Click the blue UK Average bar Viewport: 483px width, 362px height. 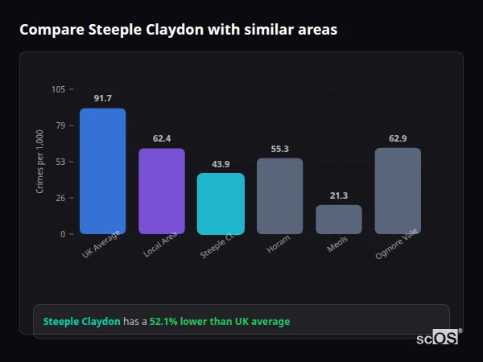click(102, 171)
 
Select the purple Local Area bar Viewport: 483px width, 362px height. click(161, 191)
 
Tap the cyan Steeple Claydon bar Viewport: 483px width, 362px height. click(221, 204)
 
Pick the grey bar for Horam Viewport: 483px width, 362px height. click(279, 196)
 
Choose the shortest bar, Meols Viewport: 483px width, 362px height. click(338, 220)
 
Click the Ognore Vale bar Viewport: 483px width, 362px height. click(398, 191)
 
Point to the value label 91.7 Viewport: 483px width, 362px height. click(102, 98)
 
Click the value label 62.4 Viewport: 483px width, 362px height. click(161, 138)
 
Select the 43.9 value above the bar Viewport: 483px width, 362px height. click(221, 164)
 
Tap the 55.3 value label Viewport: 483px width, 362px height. click(279, 149)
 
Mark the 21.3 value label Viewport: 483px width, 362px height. click(338, 195)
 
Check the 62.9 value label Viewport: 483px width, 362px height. click(398, 138)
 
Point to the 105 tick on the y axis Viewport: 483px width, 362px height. click(58, 89)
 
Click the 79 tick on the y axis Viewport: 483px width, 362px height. click(60, 125)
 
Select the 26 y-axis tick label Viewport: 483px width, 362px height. click(60, 198)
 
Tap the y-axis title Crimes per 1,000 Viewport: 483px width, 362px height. click(39, 162)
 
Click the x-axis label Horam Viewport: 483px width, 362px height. click(278, 245)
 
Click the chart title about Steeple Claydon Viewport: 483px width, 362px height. click(178, 30)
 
